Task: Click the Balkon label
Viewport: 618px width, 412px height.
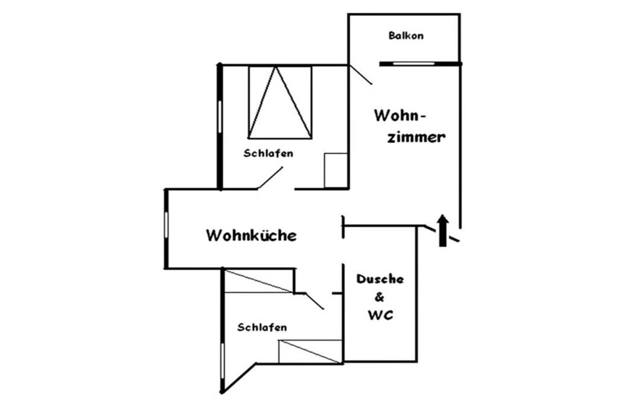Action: pyautogui.click(x=406, y=36)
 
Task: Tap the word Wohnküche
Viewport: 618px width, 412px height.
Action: pyautogui.click(x=252, y=235)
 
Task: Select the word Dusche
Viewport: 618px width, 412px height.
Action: pyautogui.click(x=380, y=279)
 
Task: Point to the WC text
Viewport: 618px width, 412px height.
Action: pyautogui.click(x=380, y=315)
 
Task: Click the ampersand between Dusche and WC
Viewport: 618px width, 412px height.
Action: pyautogui.click(x=380, y=297)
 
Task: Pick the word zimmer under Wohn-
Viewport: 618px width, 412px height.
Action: pyautogui.click(x=416, y=137)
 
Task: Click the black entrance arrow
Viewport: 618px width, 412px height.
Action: pyautogui.click(x=443, y=230)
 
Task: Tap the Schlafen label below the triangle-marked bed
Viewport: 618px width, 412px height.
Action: pyautogui.click(x=269, y=153)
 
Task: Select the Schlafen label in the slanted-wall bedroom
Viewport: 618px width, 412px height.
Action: pyautogui.click(x=262, y=328)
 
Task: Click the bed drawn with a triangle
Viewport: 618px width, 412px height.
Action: pyautogui.click(x=280, y=103)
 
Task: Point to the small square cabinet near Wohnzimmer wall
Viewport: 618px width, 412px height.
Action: pyautogui.click(x=336, y=171)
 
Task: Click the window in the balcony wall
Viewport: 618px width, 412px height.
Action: pyautogui.click(x=414, y=63)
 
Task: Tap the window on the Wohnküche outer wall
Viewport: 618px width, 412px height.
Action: pyautogui.click(x=167, y=225)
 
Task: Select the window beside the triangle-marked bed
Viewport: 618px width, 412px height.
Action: pyautogui.click(x=220, y=117)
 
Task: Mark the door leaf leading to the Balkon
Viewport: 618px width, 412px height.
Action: pyautogui.click(x=360, y=74)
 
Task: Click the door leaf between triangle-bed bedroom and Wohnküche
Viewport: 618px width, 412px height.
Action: pyautogui.click(x=270, y=178)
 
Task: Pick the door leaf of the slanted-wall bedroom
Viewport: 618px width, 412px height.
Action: pyautogui.click(x=314, y=301)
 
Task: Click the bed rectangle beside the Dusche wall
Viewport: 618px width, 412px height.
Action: pyautogui.click(x=310, y=352)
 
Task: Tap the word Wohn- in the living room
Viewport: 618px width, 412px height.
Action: pyautogui.click(x=400, y=116)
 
